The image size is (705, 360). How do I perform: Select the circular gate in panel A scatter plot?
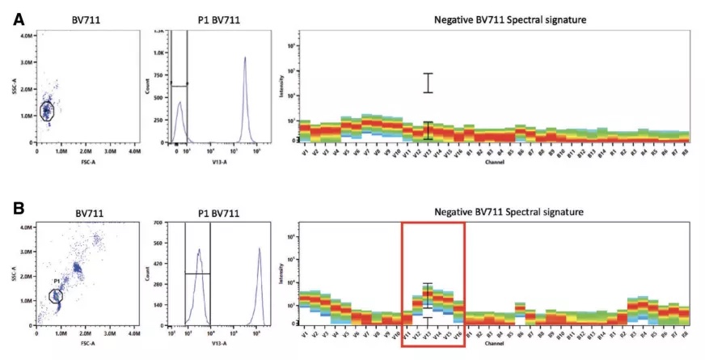[x=46, y=110]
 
